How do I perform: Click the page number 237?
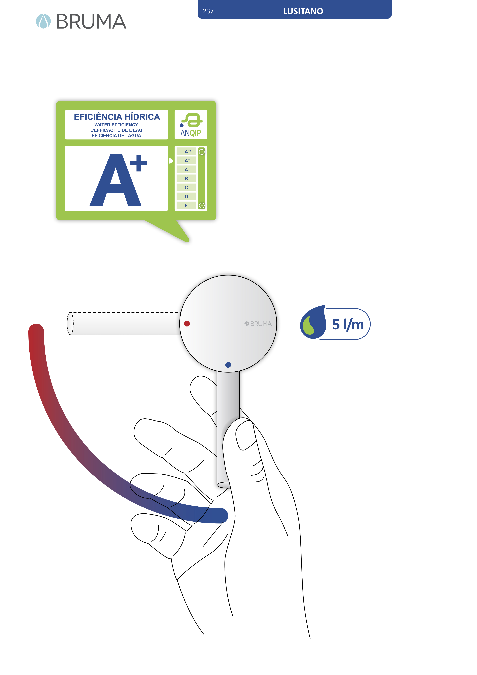[x=208, y=11]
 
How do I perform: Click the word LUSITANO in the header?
[x=303, y=11]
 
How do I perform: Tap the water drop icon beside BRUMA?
[x=43, y=21]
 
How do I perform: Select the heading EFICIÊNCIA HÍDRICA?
[x=117, y=117]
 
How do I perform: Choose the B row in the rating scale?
[x=186, y=179]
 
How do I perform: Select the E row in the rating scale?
[x=186, y=206]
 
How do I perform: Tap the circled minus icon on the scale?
[x=202, y=206]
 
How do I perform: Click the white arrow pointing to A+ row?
[x=171, y=161]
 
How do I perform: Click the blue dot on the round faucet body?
[x=228, y=365]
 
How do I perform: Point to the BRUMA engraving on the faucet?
[x=258, y=324]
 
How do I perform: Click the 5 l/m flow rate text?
[x=348, y=325]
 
